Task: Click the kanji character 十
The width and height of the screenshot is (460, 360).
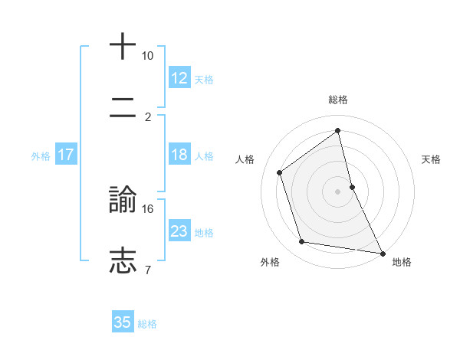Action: [123, 46]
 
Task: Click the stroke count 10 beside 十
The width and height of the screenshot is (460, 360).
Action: [147, 56]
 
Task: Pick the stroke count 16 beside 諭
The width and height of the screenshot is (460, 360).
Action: [148, 208]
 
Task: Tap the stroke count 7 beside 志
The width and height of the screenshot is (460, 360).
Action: [147, 270]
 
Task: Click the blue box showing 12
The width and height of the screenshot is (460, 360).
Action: [179, 78]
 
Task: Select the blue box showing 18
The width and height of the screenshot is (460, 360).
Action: [179, 155]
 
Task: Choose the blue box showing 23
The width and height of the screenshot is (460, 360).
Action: [179, 231]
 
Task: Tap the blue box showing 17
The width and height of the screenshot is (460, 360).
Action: [66, 155]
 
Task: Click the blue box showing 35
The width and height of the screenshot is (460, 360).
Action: [123, 322]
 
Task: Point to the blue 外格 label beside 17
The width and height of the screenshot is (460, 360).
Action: [41, 155]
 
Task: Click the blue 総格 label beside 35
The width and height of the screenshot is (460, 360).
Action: [147, 323]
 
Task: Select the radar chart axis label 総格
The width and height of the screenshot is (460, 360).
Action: [338, 100]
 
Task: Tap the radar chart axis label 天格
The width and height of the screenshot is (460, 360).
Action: [432, 159]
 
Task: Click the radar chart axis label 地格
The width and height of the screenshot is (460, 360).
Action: [402, 262]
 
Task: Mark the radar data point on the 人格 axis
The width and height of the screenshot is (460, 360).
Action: [280, 172]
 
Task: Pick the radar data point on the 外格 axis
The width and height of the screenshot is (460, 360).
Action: [302, 243]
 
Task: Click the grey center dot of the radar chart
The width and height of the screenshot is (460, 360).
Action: [338, 191]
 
